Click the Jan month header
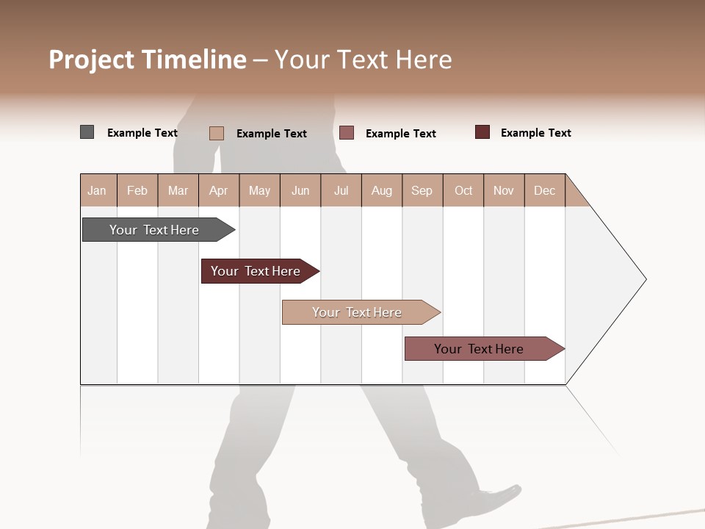pyautogui.click(x=97, y=190)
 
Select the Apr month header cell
pyautogui.click(x=218, y=190)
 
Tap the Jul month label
pyautogui.click(x=341, y=190)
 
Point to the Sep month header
pyautogui.click(x=422, y=190)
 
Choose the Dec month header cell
pyautogui.click(x=544, y=190)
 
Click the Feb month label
pyautogui.click(x=137, y=190)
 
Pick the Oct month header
pyautogui.click(x=463, y=190)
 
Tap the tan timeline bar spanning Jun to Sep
pyautogui.click(x=358, y=312)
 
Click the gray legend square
pyautogui.click(x=87, y=132)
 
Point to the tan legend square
pyautogui.click(x=217, y=133)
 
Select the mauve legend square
pyautogui.click(x=347, y=132)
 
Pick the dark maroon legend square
pyautogui.click(x=482, y=132)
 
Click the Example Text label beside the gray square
pyautogui.click(x=142, y=133)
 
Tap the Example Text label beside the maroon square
pyautogui.click(x=535, y=133)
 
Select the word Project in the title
pyautogui.click(x=92, y=60)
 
